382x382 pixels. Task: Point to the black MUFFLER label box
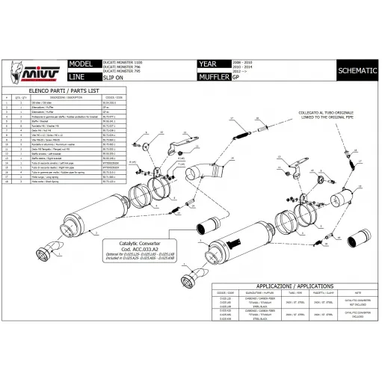click(214, 77)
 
